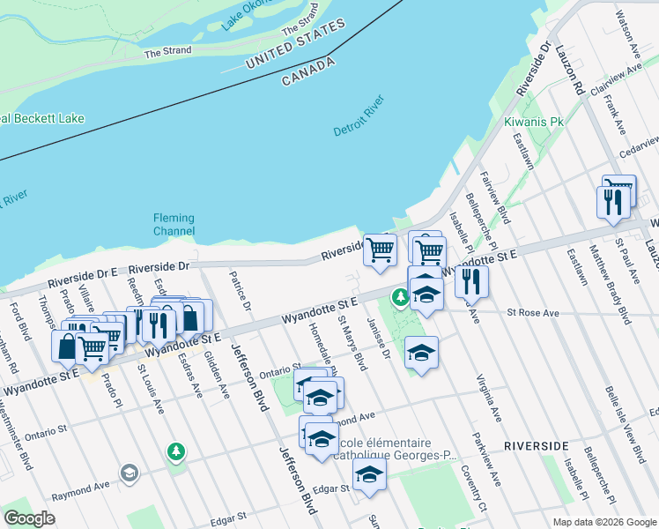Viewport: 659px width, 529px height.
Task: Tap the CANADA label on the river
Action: click(x=308, y=72)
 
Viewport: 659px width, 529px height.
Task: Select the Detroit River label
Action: click(x=359, y=120)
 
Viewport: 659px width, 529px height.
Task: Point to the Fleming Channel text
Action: click(x=174, y=225)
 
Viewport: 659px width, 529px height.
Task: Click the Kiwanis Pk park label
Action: click(x=533, y=122)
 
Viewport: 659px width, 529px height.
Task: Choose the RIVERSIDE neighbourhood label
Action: click(x=537, y=446)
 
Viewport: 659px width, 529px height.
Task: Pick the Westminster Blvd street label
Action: click(x=25, y=436)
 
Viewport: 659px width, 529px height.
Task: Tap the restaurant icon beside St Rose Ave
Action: click(x=471, y=281)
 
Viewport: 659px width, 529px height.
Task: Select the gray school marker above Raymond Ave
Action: click(x=130, y=473)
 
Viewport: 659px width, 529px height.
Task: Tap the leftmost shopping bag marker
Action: click(x=68, y=346)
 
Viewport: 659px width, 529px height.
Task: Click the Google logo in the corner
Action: click(x=29, y=518)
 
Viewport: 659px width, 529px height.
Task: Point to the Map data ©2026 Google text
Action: click(x=603, y=522)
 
